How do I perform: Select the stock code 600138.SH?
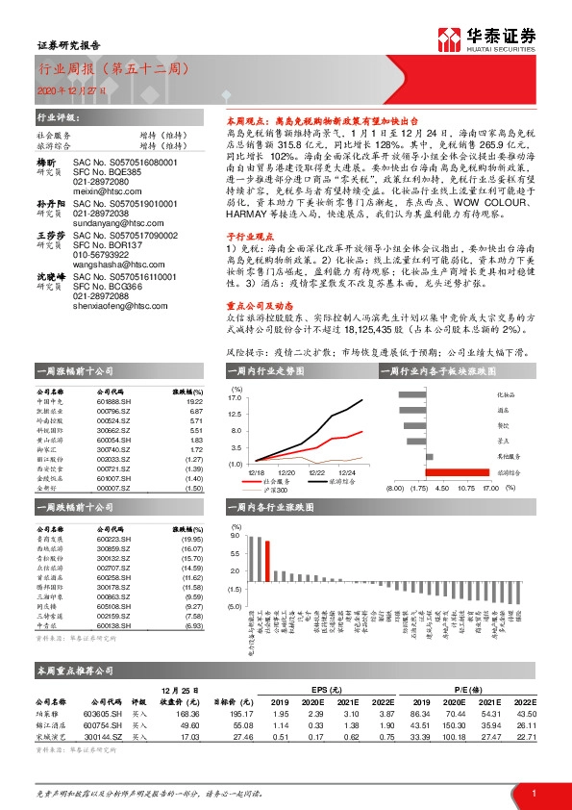[x=113, y=625]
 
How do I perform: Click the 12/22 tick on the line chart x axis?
[x=316, y=472]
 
